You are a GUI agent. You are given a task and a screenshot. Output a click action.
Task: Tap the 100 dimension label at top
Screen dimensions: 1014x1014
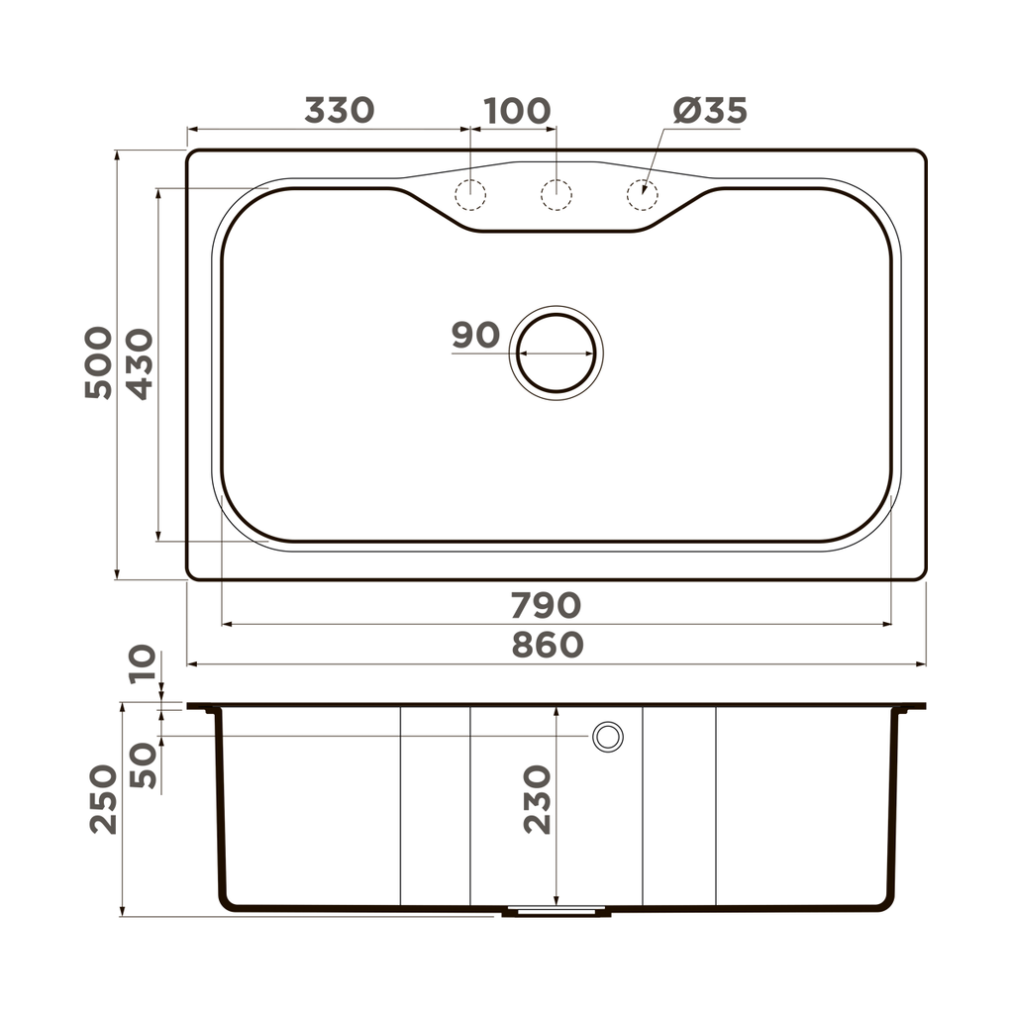click(516, 110)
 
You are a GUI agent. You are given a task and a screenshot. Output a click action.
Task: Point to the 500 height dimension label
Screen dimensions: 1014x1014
click(99, 362)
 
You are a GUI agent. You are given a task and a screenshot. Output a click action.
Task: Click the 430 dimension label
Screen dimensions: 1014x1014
click(140, 363)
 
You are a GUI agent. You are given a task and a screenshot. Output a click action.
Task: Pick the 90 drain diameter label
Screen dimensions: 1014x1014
click(475, 336)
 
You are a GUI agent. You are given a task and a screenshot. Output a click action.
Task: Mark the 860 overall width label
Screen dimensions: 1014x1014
click(548, 645)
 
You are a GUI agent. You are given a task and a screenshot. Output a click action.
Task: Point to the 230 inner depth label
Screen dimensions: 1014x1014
click(537, 798)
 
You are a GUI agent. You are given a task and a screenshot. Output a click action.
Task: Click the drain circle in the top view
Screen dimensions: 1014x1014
click(557, 353)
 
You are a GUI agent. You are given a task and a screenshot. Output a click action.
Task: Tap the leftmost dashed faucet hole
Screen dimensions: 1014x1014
click(470, 195)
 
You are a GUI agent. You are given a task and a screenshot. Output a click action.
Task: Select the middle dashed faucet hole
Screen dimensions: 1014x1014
click(557, 195)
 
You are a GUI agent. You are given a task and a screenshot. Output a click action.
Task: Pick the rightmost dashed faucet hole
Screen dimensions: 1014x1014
click(642, 195)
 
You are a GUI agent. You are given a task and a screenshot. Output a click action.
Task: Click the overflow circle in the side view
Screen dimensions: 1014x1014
click(607, 736)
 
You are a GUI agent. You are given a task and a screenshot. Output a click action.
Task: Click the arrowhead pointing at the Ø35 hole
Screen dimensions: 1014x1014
click(645, 187)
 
